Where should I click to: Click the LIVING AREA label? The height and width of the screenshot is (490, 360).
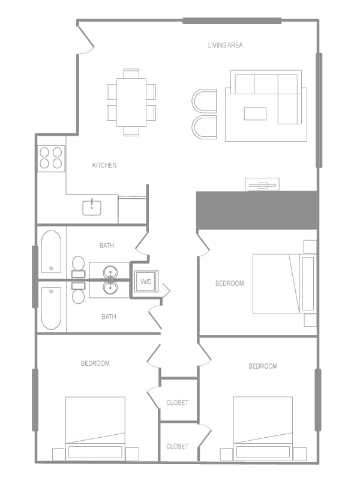[x=225, y=45]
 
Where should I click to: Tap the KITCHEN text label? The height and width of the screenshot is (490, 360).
[x=104, y=165]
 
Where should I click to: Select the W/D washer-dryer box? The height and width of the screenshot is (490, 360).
[x=146, y=282]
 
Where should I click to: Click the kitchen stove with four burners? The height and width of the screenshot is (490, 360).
[x=51, y=158]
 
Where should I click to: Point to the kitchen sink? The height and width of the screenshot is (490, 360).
[x=92, y=207]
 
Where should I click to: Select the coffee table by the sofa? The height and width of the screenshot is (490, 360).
[x=255, y=113]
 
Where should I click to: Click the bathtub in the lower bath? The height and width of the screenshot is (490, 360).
[x=51, y=308]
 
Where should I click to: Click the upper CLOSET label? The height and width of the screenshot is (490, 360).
[x=177, y=402]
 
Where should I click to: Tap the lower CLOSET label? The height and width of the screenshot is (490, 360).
[x=177, y=446]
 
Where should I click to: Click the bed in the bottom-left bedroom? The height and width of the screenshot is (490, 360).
[x=95, y=428]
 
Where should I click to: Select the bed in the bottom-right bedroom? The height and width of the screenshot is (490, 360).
[x=263, y=428]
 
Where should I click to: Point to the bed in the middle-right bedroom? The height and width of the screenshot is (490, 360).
[x=283, y=283]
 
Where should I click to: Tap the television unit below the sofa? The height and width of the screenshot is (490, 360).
[x=262, y=184]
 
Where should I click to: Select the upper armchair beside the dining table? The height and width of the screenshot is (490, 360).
[x=205, y=100]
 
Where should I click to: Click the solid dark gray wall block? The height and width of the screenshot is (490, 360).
[x=257, y=210]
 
